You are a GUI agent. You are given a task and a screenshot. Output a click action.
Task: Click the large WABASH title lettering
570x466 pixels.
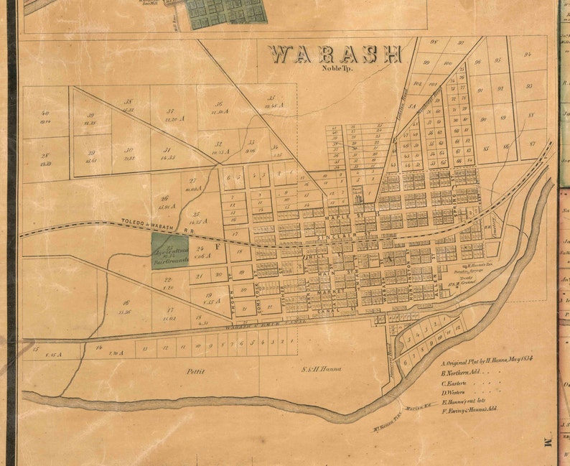(x=335, y=55)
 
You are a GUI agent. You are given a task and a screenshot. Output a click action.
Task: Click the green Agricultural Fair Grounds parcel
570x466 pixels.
(x=170, y=249)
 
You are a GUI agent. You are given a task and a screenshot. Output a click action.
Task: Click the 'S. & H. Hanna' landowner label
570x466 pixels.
(x=320, y=370)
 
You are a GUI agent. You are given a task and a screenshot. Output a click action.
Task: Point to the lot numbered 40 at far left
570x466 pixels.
(x=45, y=113)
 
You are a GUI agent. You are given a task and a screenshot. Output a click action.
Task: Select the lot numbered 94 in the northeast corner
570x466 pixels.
(x=528, y=55)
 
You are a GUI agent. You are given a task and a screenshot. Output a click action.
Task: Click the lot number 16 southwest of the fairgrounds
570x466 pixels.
(x=126, y=303)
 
